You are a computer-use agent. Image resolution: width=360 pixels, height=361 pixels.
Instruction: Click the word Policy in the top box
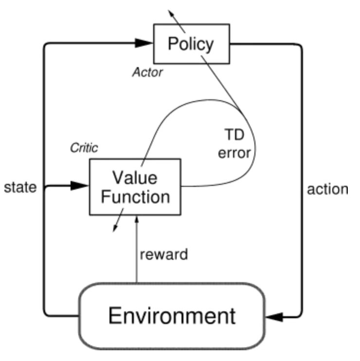pyautogui.click(x=190, y=44)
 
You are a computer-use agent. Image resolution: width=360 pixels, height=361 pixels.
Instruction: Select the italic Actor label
pyautogui.click(x=147, y=73)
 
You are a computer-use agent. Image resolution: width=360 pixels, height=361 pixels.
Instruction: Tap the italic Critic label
pyautogui.click(x=84, y=148)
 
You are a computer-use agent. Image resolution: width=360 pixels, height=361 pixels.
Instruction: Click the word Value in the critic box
pyautogui.click(x=134, y=178)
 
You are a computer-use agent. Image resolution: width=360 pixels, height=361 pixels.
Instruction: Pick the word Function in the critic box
pyautogui.click(x=134, y=197)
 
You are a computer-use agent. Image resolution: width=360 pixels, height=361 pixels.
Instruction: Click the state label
pyautogui.click(x=20, y=188)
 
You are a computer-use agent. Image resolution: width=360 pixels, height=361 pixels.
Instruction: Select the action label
pyautogui.click(x=327, y=189)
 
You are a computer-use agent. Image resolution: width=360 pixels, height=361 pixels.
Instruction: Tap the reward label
pyautogui.click(x=163, y=254)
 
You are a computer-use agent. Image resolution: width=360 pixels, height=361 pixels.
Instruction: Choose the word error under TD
pyautogui.click(x=234, y=153)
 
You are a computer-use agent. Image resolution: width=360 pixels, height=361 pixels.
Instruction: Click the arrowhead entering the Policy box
pyautogui.click(x=144, y=43)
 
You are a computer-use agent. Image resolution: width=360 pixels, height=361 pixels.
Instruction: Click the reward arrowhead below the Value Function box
pyautogui.click(x=137, y=220)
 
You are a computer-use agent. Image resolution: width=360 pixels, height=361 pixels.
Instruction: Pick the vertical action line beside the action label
pyautogui.click(x=302, y=190)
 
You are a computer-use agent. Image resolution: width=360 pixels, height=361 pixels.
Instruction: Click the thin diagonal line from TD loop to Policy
pyautogui.click(x=221, y=82)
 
